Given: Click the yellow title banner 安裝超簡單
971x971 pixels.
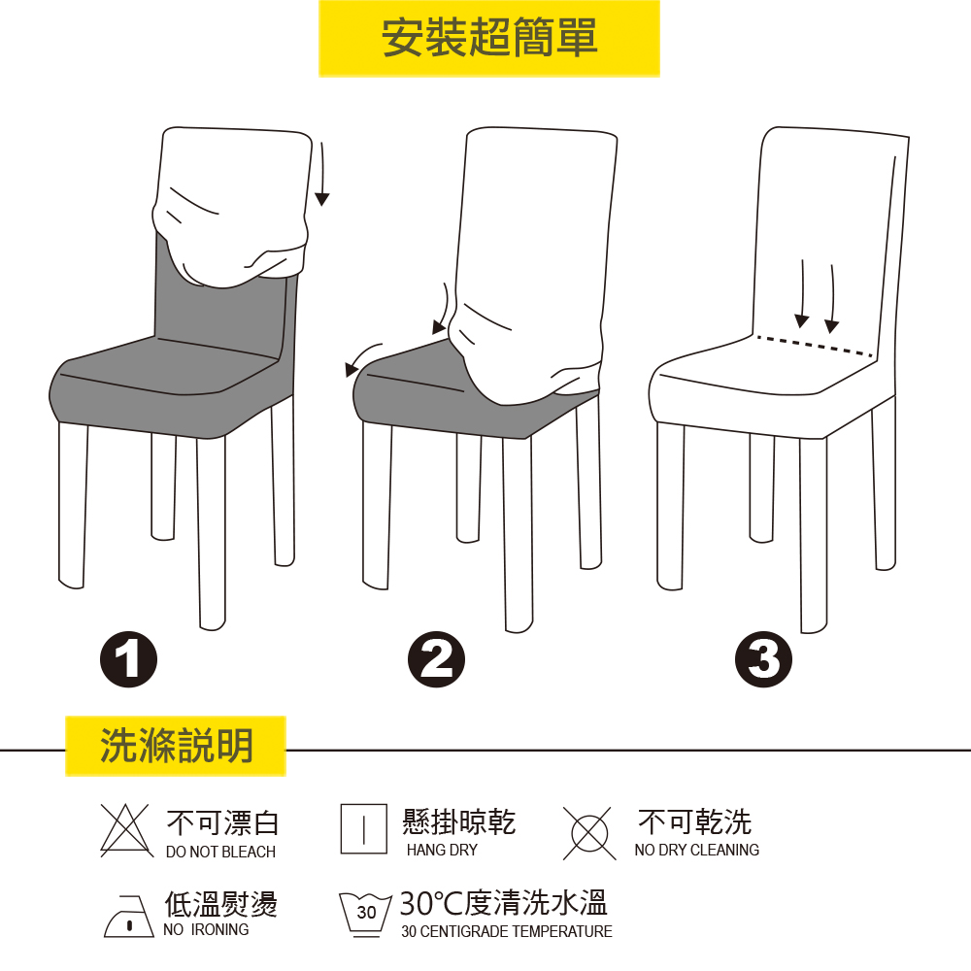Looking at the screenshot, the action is point(489,39).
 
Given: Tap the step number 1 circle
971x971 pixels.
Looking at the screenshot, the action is point(129,659).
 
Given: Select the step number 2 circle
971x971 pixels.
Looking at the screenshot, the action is point(437,659).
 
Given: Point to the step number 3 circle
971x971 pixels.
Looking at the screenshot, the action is point(763,659).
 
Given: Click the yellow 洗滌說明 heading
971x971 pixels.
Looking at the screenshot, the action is point(175,746).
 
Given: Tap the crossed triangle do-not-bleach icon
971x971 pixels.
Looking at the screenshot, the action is point(127,830).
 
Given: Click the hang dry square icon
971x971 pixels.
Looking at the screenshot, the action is point(364,828).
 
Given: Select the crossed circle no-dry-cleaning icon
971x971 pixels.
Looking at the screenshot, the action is point(589,833).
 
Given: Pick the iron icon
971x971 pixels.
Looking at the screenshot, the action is point(129,916).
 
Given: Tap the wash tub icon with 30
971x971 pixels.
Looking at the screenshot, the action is point(365,915).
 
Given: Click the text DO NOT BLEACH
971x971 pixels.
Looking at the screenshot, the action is point(220,853).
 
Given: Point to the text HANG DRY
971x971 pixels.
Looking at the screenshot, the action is point(442,850).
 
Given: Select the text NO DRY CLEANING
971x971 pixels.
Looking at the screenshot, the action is point(696,850).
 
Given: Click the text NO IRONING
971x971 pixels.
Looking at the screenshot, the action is point(206,929).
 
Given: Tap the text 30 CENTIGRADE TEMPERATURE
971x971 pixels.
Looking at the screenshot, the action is point(507,931).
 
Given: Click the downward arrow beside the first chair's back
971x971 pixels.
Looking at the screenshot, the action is point(322,174).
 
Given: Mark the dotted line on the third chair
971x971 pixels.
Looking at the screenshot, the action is point(815,347).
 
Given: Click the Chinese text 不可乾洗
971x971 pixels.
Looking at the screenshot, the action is point(695,821).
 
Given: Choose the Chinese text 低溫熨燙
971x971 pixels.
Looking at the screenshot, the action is point(220,903).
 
